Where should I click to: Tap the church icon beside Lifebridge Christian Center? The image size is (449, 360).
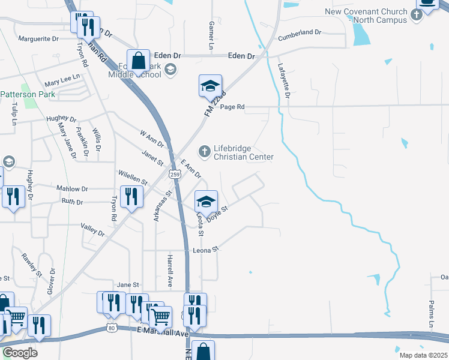click(x=204, y=152)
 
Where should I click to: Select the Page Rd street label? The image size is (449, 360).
click(x=232, y=107)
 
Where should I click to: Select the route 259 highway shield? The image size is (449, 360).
click(x=175, y=174)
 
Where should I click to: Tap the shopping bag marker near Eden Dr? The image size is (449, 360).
click(x=139, y=61)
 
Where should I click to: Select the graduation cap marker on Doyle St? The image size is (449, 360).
click(x=206, y=201)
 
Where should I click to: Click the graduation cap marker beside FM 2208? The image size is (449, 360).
click(x=211, y=86)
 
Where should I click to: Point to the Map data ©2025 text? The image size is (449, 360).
click(x=424, y=355)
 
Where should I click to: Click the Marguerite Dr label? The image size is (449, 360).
click(x=38, y=40)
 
